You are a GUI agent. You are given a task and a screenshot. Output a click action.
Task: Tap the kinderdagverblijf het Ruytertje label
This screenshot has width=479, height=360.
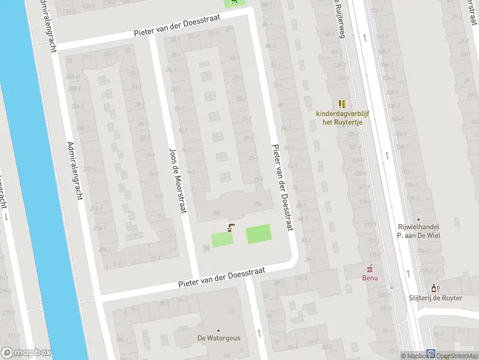[x=343, y=118]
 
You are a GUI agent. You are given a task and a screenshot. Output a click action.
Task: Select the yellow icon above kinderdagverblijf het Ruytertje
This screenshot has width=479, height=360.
[x=342, y=104]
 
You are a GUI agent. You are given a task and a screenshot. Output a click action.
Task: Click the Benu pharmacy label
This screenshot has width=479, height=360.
[x=369, y=277]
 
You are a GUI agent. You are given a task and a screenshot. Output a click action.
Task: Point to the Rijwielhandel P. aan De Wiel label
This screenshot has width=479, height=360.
[x=419, y=231]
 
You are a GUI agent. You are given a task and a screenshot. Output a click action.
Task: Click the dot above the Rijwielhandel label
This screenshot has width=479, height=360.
[x=419, y=220]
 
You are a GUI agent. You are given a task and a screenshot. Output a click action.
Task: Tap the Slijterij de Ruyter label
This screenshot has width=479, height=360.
[x=435, y=298]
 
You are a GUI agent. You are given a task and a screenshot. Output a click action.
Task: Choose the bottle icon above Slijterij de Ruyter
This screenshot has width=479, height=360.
[x=435, y=288]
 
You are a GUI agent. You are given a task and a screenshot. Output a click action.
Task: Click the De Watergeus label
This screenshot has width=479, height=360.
[x=219, y=338]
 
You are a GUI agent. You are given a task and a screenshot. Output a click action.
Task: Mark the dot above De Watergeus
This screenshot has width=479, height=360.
[x=219, y=330]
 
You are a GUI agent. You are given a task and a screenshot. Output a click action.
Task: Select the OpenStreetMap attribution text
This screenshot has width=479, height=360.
[x=457, y=356]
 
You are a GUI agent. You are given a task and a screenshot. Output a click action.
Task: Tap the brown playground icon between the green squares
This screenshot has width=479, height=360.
[x=231, y=227]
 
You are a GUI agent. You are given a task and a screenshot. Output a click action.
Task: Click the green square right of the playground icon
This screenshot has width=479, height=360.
[x=258, y=234]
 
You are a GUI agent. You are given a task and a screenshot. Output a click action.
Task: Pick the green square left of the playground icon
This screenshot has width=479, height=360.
[x=222, y=239]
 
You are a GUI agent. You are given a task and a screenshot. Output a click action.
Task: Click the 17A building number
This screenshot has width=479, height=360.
[x=257, y=205]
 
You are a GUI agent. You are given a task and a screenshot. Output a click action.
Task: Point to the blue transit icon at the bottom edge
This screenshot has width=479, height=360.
[x=431, y=354]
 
